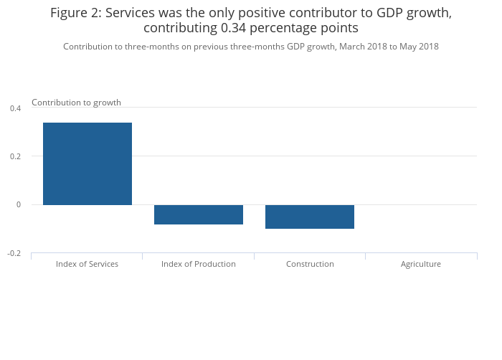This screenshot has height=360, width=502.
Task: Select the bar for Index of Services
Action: (87, 164)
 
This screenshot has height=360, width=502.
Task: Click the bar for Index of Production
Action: (199, 214)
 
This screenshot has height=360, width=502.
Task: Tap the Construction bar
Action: (310, 217)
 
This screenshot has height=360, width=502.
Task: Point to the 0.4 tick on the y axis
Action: (15, 108)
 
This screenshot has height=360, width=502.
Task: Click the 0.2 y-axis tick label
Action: (15, 156)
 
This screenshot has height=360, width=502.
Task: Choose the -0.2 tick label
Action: (14, 254)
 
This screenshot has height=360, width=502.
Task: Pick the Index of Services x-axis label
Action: (87, 264)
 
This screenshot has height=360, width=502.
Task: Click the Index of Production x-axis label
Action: (199, 264)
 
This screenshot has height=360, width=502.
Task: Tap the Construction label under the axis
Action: (310, 264)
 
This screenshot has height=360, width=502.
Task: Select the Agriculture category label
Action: (421, 264)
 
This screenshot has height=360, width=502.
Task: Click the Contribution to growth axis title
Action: (76, 103)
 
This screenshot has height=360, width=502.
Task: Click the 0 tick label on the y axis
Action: (19, 205)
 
